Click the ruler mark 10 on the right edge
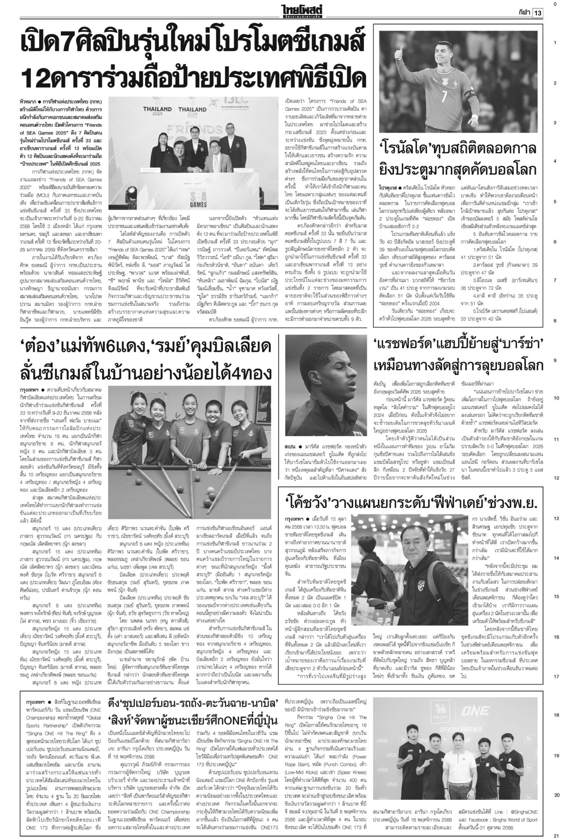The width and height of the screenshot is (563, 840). coord(555,399)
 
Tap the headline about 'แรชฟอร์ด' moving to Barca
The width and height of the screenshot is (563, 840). coord(457,354)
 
